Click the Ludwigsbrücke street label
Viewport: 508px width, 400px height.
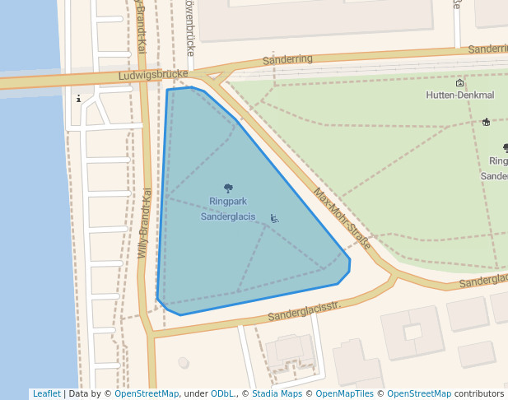click(148, 75)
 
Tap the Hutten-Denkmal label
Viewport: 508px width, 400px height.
click(459, 95)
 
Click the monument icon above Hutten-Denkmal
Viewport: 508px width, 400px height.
click(459, 83)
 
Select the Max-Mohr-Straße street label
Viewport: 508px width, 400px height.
click(342, 219)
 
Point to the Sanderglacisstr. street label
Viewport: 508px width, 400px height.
click(304, 310)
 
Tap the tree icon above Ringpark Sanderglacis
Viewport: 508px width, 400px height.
click(228, 188)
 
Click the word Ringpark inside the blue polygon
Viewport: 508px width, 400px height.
click(228, 201)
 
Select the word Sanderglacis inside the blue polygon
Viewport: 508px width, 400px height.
click(228, 216)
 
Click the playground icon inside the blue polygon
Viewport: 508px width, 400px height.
click(274, 218)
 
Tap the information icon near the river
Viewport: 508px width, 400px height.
click(79, 99)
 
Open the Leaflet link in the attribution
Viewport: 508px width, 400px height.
click(46, 394)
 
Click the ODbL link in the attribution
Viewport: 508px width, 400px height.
click(222, 394)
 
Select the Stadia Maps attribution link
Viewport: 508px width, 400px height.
click(277, 394)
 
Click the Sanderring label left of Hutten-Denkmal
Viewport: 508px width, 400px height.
click(287, 60)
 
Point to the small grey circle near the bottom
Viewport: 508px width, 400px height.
click(183, 362)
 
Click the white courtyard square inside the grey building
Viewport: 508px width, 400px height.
click(412, 333)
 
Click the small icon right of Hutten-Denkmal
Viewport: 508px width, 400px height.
click(487, 123)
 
